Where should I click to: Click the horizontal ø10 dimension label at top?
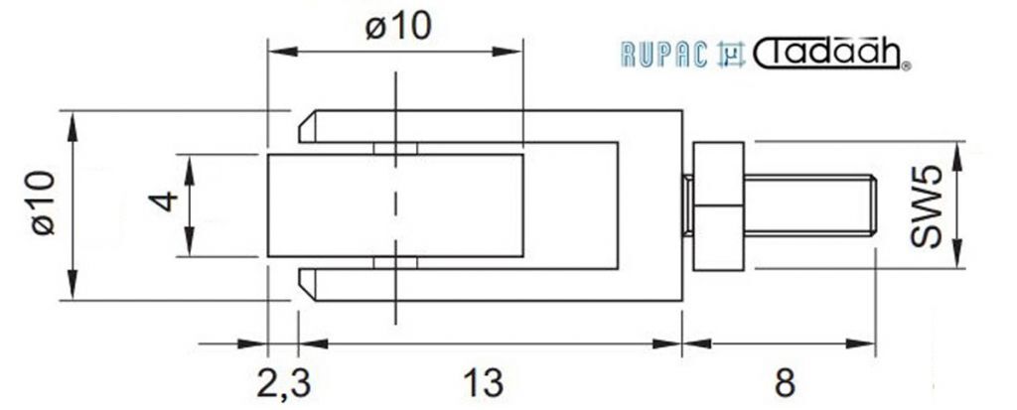[x=397, y=27]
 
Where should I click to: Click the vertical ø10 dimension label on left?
[x=44, y=204]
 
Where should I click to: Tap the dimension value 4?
[x=163, y=202]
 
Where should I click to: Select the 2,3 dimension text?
[x=284, y=383]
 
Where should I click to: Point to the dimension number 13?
[x=483, y=383]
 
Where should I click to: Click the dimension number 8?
[x=785, y=383]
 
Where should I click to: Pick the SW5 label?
[x=926, y=206]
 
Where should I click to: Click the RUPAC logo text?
[x=663, y=55]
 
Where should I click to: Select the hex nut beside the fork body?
[x=719, y=205]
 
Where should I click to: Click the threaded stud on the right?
[x=810, y=205]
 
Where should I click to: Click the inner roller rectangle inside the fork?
[x=395, y=205]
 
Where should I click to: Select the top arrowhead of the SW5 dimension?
[x=957, y=156]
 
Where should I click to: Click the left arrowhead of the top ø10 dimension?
[x=283, y=52]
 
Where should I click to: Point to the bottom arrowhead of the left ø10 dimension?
[x=72, y=286]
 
